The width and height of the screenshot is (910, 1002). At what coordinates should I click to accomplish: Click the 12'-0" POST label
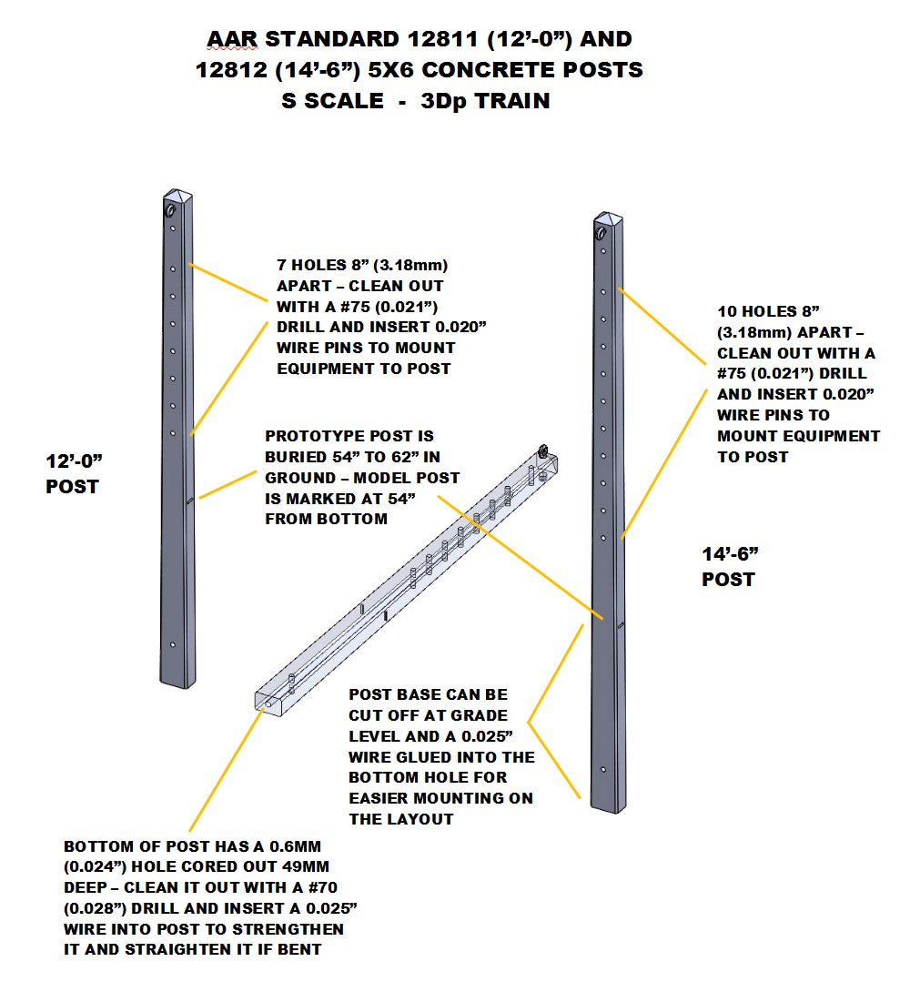pos(73,474)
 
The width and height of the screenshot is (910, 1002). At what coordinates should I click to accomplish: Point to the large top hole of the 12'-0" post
pos(171,210)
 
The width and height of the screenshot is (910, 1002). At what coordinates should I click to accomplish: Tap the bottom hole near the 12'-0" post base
pos(172,645)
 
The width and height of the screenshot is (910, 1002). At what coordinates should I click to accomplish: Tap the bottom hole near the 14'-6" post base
pos(603,769)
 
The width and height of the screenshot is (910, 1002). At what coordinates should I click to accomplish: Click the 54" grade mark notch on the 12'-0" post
pos(188,500)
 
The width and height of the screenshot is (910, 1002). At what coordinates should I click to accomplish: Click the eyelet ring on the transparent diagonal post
pos(543,450)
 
